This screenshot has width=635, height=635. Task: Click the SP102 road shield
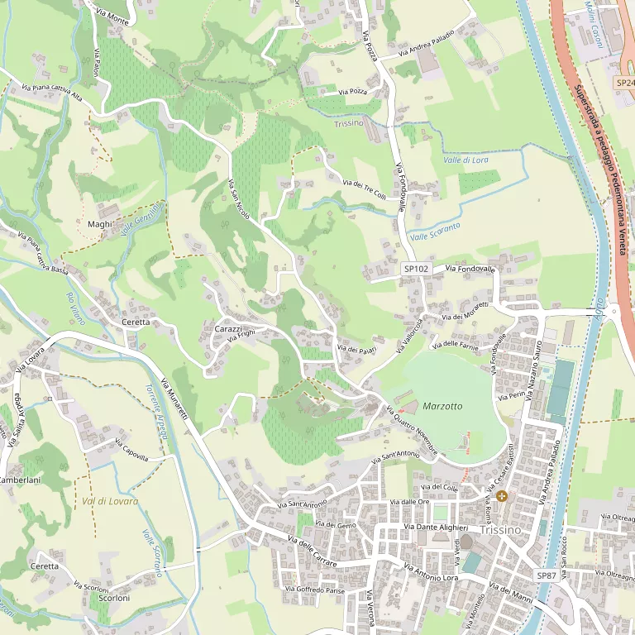point(416,270)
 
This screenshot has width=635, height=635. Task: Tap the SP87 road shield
point(547,575)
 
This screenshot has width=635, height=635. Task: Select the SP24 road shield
point(624,84)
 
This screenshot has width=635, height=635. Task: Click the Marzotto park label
point(442,407)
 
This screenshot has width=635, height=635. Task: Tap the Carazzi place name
point(228,329)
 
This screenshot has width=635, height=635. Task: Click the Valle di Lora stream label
point(466,160)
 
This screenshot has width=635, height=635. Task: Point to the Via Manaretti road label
point(175,398)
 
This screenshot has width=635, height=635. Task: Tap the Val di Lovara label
point(99,501)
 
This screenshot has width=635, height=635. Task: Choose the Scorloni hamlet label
point(114,598)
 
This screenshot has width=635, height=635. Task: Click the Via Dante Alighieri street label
point(436,528)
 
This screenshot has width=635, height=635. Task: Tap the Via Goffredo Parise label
point(314,590)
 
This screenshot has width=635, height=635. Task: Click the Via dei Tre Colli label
point(364,189)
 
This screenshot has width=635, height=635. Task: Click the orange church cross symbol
point(502,496)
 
